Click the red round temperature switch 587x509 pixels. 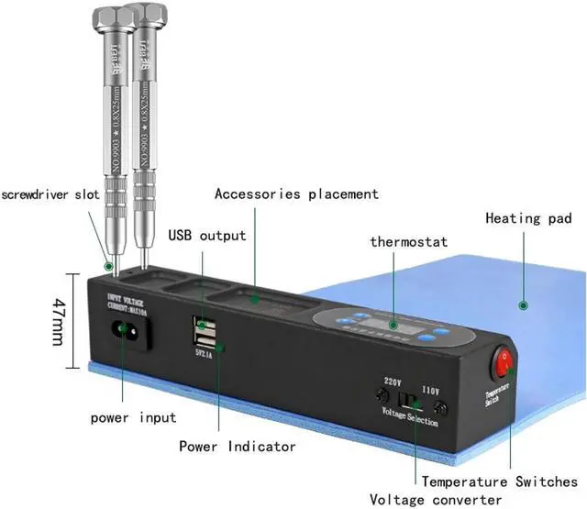click(x=505, y=364)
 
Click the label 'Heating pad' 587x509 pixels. click(x=528, y=218)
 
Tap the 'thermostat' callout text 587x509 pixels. click(x=408, y=242)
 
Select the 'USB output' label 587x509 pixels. click(x=207, y=235)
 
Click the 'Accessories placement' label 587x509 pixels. click(x=296, y=194)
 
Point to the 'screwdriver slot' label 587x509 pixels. click(x=47, y=194)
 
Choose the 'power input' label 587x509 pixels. click(x=133, y=418)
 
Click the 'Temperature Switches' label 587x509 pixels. click(x=500, y=481)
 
